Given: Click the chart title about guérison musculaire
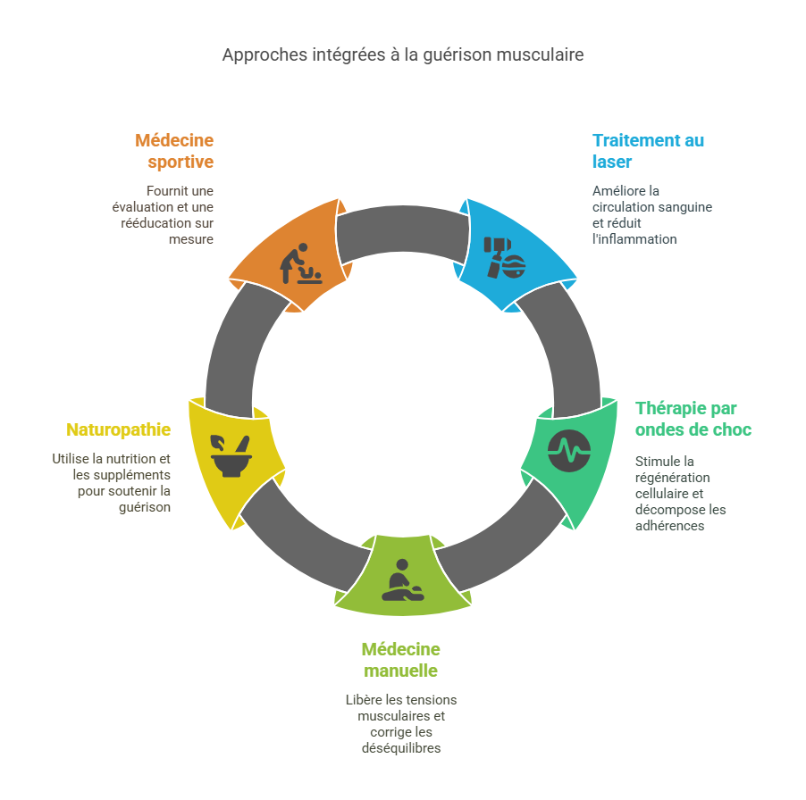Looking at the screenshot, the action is (x=403, y=55).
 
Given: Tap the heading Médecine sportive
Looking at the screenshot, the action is (x=174, y=151).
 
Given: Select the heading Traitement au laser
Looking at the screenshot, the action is (x=648, y=151).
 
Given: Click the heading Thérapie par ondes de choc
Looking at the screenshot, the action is (x=693, y=419).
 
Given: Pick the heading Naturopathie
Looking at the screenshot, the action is (x=118, y=429).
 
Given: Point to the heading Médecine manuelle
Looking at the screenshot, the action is (x=401, y=660).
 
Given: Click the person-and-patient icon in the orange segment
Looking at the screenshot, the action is (x=301, y=263).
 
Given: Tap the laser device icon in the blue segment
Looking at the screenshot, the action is (x=505, y=258).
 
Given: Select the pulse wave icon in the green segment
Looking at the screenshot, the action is (x=569, y=451).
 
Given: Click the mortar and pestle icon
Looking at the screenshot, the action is (x=231, y=456).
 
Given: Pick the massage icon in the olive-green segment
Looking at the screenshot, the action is (x=402, y=579).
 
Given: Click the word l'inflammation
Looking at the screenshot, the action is (x=634, y=239).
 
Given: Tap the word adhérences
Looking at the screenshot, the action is (x=670, y=526).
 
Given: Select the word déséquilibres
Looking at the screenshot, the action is (x=401, y=748).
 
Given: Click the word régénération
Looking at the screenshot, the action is (x=672, y=478).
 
